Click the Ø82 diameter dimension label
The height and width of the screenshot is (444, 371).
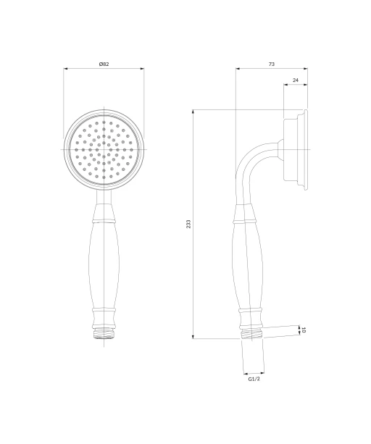pos(104,64)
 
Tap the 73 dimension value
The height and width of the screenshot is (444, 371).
pos(271,64)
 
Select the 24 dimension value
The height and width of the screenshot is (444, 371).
pos(296,80)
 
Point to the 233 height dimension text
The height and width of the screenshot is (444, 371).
pos(188,224)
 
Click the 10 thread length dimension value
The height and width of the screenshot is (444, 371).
pos(304,330)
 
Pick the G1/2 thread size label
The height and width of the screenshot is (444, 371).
pos(254,379)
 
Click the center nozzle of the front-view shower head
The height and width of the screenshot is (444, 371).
pos(104,149)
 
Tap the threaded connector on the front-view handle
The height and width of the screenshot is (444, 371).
pos(104,333)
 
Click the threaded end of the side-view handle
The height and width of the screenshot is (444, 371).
pos(251,334)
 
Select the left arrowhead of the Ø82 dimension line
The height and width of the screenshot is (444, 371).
pos(65,68)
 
